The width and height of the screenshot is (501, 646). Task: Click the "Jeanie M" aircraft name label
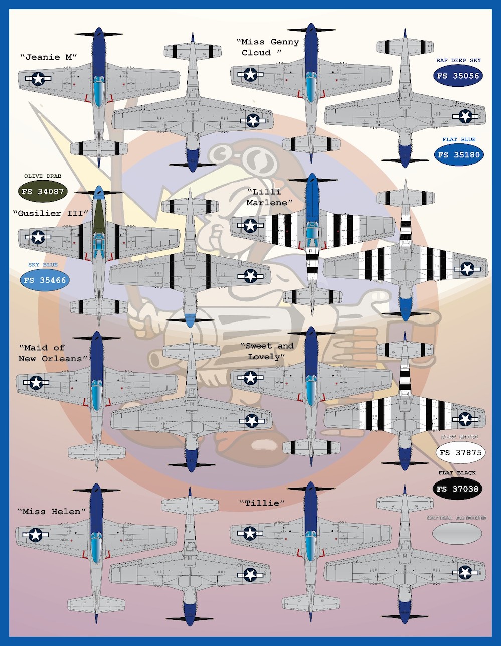coord(48,57)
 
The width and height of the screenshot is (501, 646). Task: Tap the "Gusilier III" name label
coord(51,213)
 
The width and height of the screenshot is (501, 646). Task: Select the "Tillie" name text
coord(262,503)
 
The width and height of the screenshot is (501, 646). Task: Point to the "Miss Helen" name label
coord(52,512)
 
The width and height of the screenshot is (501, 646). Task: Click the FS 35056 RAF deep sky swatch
coord(458,76)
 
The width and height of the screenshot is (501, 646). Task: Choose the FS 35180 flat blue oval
coord(458,155)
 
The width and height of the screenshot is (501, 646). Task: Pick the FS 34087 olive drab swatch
coord(43,191)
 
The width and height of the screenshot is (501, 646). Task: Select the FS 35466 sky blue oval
coord(44,280)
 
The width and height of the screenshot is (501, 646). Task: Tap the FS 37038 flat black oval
coord(457,489)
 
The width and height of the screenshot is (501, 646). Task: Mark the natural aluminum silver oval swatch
coord(457,535)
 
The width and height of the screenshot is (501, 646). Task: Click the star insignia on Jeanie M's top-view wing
coord(38,78)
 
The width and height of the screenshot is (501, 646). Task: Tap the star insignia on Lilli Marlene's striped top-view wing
coord(250,226)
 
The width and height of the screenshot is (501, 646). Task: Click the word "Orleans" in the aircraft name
coord(65,359)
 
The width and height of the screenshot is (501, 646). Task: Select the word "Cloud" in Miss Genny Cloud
coord(256,53)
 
